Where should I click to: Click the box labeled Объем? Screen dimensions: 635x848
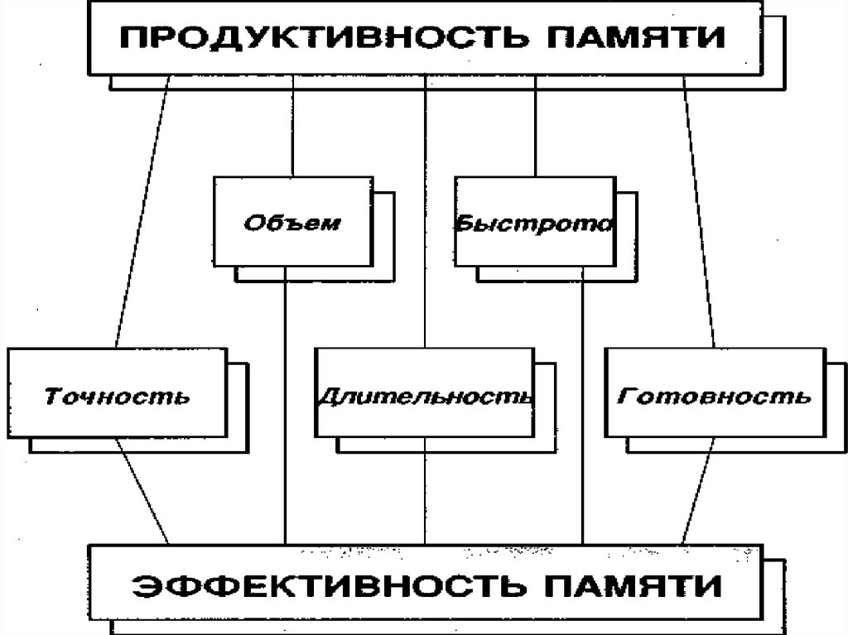point(291,223)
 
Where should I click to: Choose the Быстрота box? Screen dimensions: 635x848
point(535,223)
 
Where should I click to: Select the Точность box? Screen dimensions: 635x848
point(116,393)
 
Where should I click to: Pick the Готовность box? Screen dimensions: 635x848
point(714,393)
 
